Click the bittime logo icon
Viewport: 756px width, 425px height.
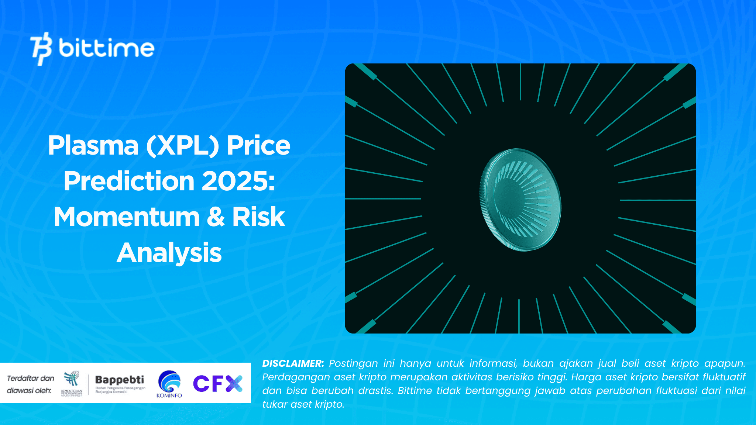tap(41, 49)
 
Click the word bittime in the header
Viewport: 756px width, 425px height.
tap(106, 48)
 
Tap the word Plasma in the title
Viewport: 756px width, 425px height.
tap(93, 145)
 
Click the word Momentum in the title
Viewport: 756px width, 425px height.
tap(127, 217)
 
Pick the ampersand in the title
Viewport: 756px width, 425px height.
tap(216, 217)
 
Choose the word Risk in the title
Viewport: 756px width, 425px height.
tap(258, 217)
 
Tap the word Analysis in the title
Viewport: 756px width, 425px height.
tap(169, 253)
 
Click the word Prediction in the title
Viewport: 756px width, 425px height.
tap(129, 181)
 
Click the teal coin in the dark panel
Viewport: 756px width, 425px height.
tap(520, 200)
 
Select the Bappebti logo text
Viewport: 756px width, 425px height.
tap(120, 380)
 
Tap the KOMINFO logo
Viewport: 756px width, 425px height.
tap(169, 384)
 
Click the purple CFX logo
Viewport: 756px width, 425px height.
tap(218, 383)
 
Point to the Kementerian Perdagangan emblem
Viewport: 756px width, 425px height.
tap(72, 382)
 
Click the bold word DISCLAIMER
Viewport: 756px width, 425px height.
tap(293, 363)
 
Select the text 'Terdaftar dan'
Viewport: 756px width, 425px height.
tap(31, 378)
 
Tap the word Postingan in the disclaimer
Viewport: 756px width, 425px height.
tap(353, 363)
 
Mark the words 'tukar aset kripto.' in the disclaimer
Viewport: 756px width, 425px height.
tap(303, 404)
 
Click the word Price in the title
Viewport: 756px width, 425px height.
tap(258, 145)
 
